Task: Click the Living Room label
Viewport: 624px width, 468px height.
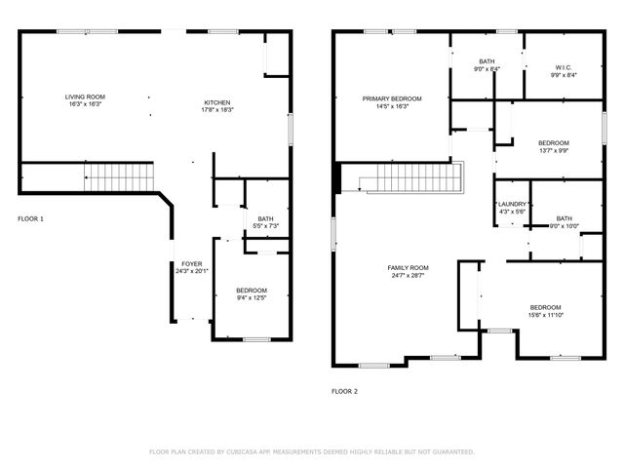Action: pos(85,97)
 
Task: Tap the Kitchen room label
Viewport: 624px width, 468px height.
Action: pos(218,103)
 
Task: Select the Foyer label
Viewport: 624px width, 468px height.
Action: pos(191,264)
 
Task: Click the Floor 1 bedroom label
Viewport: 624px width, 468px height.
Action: pos(251,291)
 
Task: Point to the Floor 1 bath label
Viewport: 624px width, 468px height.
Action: pos(265,219)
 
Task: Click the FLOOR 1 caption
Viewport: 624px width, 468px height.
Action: pos(30,218)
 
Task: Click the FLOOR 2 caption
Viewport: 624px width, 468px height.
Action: pos(344,391)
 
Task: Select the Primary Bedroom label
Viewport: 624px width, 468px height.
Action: pos(392,98)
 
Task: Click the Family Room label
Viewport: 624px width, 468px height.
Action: pos(407,267)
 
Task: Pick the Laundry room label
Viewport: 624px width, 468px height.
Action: pos(512,205)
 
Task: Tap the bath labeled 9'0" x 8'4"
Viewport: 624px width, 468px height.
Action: pos(487,64)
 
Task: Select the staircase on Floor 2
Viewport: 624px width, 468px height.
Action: pos(409,178)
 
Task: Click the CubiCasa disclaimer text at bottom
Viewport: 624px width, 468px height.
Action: pos(312,451)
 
